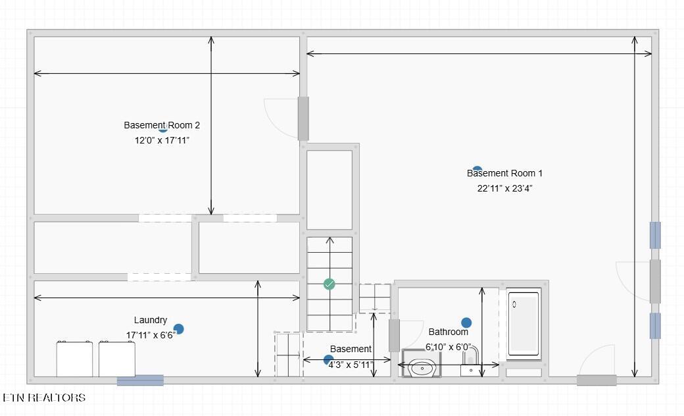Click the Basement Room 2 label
(x=161, y=125)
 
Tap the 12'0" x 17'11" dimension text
(x=162, y=140)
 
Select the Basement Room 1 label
(x=504, y=173)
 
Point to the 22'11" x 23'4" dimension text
(x=504, y=188)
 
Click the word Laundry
(x=151, y=321)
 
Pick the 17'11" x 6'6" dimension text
(x=151, y=335)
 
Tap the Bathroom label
(x=448, y=332)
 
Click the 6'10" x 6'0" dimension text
(x=449, y=347)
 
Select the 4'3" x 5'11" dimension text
(x=351, y=365)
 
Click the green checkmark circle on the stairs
(x=330, y=284)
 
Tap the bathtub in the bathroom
(x=524, y=324)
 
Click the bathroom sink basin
(x=422, y=369)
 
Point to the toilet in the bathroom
(x=471, y=361)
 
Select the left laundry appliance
(x=74, y=359)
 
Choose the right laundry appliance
(x=117, y=359)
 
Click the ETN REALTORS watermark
(x=44, y=398)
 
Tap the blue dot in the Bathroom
(x=466, y=323)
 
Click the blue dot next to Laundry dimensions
(x=178, y=328)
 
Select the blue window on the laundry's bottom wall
(x=141, y=380)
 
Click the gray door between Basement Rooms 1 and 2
(x=303, y=118)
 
